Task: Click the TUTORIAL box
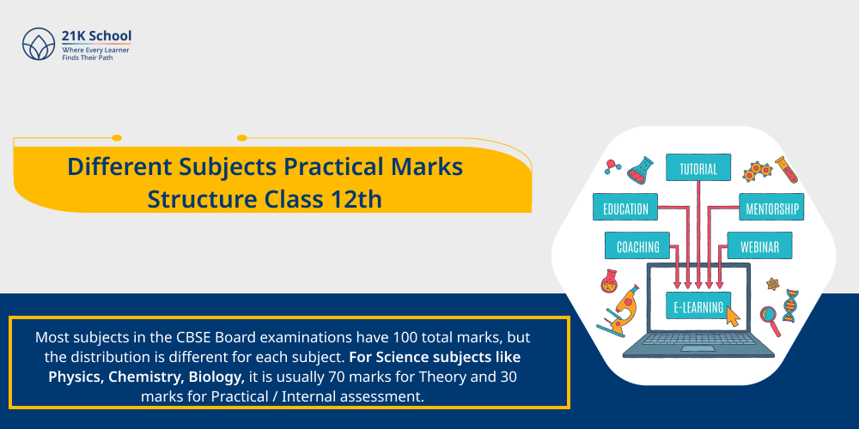(x=698, y=168)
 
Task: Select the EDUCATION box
(x=625, y=208)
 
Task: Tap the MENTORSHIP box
(x=770, y=208)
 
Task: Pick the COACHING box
(x=637, y=247)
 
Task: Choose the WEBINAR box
(x=759, y=247)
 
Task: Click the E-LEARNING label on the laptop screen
(x=698, y=305)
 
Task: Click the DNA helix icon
(x=791, y=303)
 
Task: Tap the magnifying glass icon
(x=770, y=318)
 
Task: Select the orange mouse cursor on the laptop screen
(x=733, y=317)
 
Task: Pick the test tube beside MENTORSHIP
(x=786, y=169)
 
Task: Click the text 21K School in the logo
(x=96, y=36)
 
